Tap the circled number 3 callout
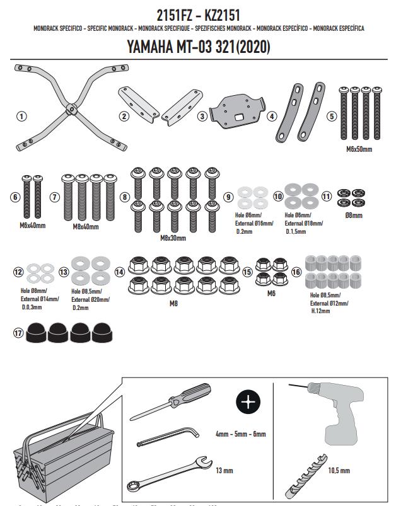click(202, 116)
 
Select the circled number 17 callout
click(16, 332)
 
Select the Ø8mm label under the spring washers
click(354, 215)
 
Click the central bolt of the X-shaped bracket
click(74, 108)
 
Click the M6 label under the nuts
click(271, 294)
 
